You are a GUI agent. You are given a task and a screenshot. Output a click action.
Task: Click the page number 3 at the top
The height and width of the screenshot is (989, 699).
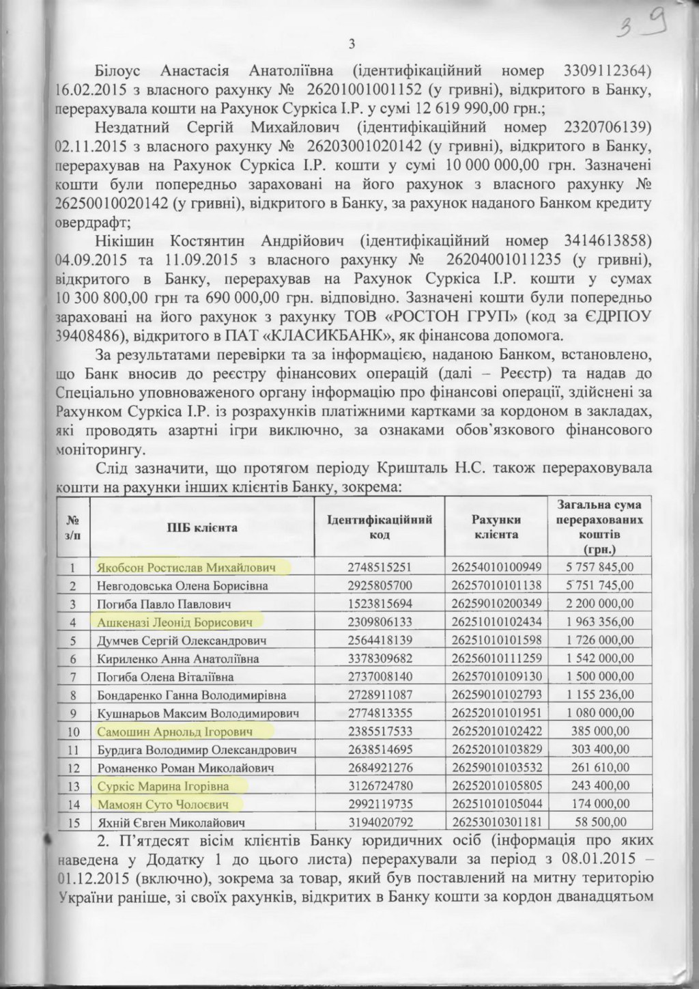pos(352,45)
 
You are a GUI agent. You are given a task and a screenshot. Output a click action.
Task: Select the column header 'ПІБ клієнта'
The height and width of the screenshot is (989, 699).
pos(203,528)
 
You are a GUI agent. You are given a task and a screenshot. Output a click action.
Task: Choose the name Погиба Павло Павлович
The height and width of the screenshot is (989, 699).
pos(164,604)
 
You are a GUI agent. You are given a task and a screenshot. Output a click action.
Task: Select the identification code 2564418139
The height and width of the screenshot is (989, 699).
pos(380,641)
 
